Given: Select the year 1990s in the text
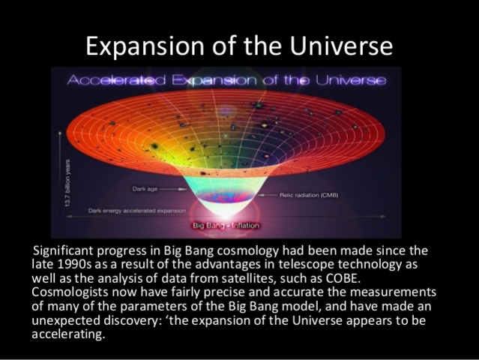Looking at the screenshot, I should click(x=79, y=263).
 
